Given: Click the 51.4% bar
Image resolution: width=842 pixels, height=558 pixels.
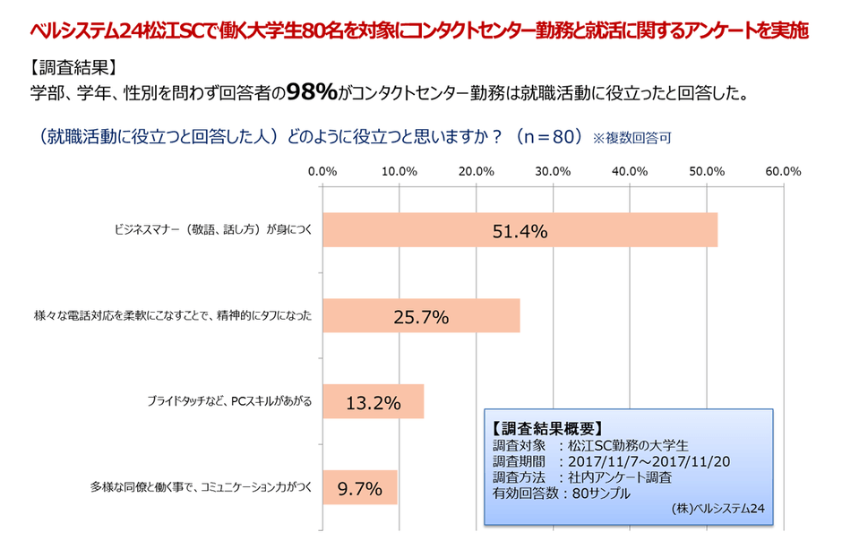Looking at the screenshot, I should (x=520, y=230).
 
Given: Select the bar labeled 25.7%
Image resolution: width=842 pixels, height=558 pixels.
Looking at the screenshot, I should (x=420, y=316).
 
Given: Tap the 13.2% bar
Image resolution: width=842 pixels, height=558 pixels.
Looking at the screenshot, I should (x=372, y=402).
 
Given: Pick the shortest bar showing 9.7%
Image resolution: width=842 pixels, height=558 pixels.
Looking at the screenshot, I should (x=358, y=488).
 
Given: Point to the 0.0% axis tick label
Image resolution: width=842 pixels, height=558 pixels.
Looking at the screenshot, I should (x=322, y=171).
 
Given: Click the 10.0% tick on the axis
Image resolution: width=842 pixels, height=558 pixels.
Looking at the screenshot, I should (x=399, y=171).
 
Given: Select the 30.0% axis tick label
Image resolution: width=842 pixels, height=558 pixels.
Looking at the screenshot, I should (x=553, y=171).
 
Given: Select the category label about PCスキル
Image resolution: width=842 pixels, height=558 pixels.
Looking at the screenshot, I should (x=229, y=402).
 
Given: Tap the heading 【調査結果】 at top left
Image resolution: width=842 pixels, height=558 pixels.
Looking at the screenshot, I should (x=72, y=67).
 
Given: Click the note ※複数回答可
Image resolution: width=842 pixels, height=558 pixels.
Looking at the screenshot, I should (x=631, y=139).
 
